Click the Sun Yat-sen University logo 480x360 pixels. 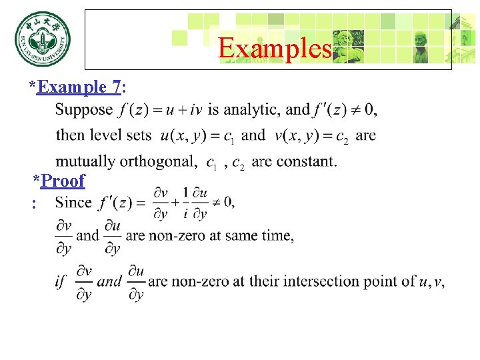click(x=42, y=41)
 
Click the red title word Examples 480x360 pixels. click(x=275, y=48)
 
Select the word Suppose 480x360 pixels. click(x=84, y=109)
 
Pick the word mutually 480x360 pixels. click(x=83, y=161)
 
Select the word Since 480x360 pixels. click(x=73, y=201)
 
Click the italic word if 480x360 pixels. click(x=61, y=281)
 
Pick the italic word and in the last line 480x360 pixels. click(x=110, y=281)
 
